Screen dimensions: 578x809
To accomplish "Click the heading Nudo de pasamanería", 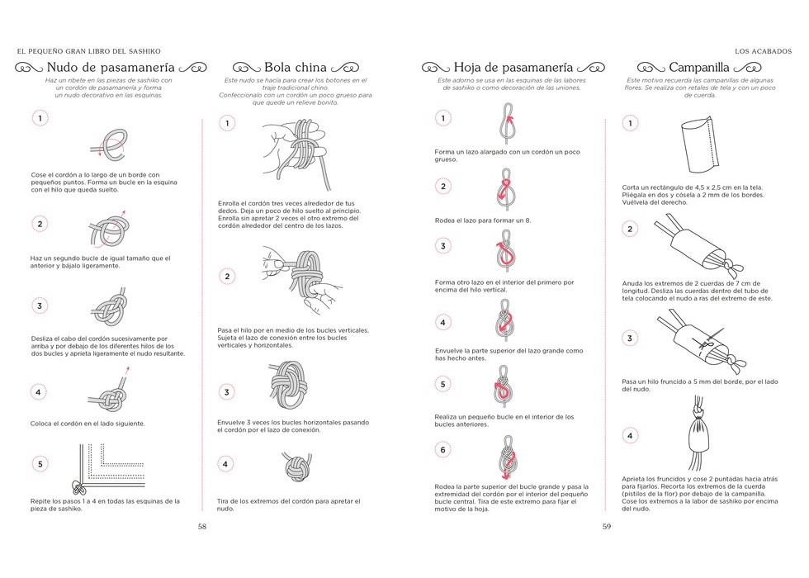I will (x=110, y=67).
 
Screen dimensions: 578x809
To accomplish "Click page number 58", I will (x=201, y=526).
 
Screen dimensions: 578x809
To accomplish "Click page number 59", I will (x=606, y=526).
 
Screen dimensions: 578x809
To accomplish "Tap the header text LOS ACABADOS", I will (x=763, y=49).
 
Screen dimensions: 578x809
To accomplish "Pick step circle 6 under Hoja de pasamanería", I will (x=443, y=450).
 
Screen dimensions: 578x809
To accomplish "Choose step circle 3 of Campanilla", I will (x=630, y=339).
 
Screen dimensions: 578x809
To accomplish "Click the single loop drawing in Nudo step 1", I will (x=109, y=143).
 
